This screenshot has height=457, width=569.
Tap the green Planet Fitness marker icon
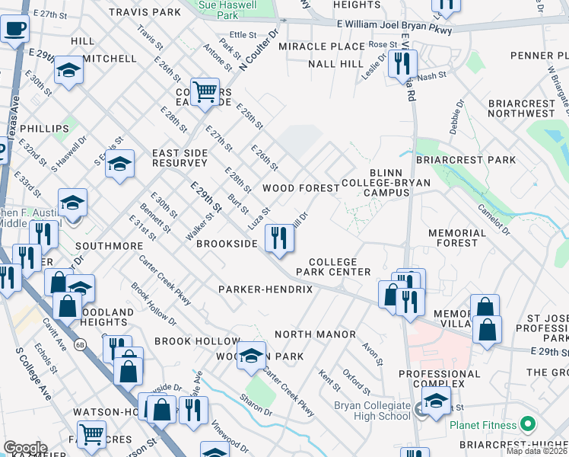click(526, 425)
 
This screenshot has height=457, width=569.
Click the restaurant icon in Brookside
click(280, 238)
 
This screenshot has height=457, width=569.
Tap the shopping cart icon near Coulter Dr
click(205, 92)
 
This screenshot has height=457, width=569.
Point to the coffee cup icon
click(14, 30)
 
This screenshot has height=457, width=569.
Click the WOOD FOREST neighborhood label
click(300, 187)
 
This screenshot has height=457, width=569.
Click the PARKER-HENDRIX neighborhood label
click(265, 289)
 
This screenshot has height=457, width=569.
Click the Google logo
click(25, 448)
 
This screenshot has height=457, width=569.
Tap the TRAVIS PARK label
click(145, 12)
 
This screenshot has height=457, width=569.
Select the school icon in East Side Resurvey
click(119, 164)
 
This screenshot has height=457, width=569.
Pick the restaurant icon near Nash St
click(402, 64)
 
